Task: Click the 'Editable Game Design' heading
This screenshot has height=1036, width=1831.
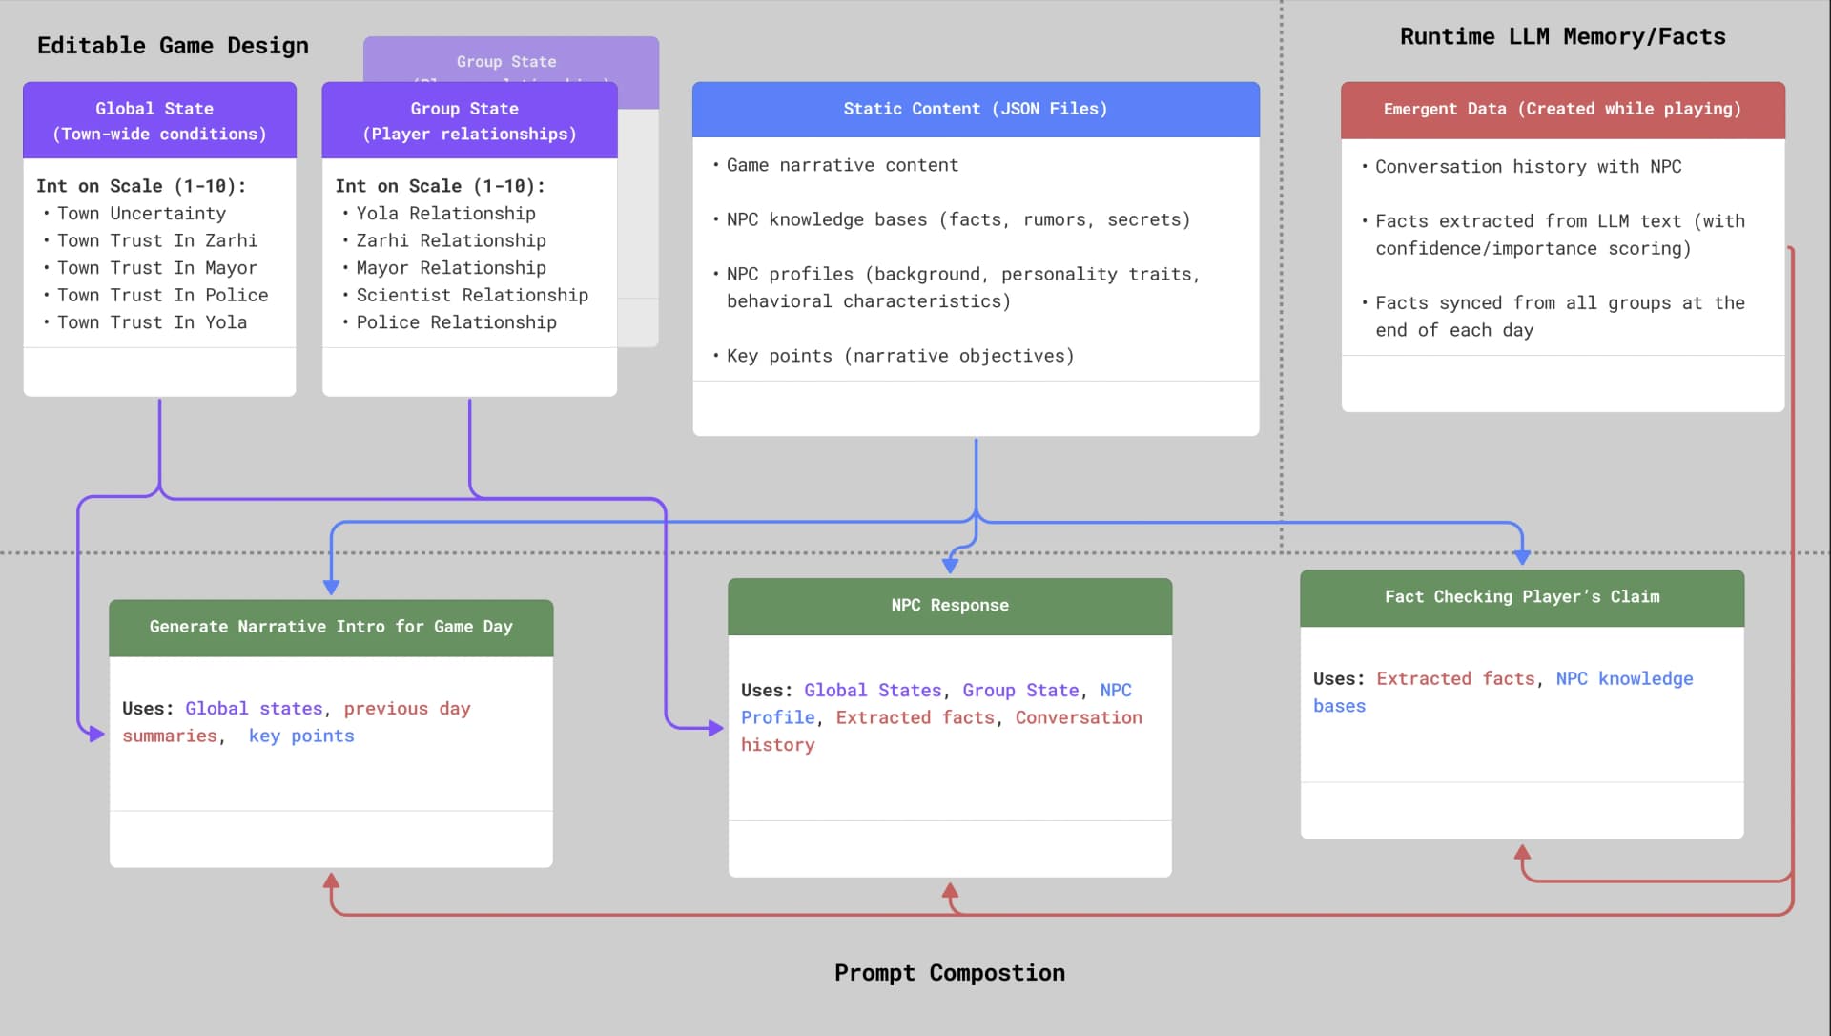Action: pyautogui.click(x=173, y=46)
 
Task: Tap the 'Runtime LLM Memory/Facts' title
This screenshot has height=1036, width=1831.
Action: pyautogui.click(x=1562, y=37)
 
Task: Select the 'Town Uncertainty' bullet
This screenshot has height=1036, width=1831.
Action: pyautogui.click(x=141, y=214)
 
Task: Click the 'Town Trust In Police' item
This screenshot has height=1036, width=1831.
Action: pyautogui.click(x=162, y=296)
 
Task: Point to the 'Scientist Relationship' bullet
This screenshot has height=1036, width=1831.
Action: pyautogui.click(x=471, y=296)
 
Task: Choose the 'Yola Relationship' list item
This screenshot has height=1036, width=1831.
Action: pyautogui.click(x=445, y=214)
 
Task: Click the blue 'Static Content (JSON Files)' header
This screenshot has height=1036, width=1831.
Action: pyautogui.click(x=975, y=109)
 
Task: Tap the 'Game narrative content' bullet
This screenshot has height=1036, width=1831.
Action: pyautogui.click(x=841, y=165)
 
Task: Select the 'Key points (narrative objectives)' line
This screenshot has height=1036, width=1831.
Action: pyautogui.click(x=899, y=356)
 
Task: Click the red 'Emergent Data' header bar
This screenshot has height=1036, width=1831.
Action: pyautogui.click(x=1561, y=109)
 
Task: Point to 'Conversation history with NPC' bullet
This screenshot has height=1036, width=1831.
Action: pyautogui.click(x=1527, y=167)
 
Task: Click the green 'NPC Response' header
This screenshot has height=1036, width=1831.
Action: pyautogui.click(x=949, y=606)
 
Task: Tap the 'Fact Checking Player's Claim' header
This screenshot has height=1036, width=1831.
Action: pyautogui.click(x=1521, y=597)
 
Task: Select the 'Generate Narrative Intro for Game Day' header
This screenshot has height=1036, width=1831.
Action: pyautogui.click(x=330, y=627)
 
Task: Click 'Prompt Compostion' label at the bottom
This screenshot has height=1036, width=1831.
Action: pyautogui.click(x=949, y=973)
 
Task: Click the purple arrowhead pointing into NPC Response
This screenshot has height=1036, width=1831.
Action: pyautogui.click(x=715, y=729)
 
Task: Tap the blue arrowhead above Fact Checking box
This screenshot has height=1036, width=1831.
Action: pyautogui.click(x=1521, y=556)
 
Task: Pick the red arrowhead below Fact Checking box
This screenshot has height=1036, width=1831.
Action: pyautogui.click(x=1522, y=852)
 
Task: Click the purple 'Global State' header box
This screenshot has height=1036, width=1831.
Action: pyautogui.click(x=159, y=121)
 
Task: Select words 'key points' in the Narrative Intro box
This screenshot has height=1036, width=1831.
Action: pyautogui.click(x=300, y=736)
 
